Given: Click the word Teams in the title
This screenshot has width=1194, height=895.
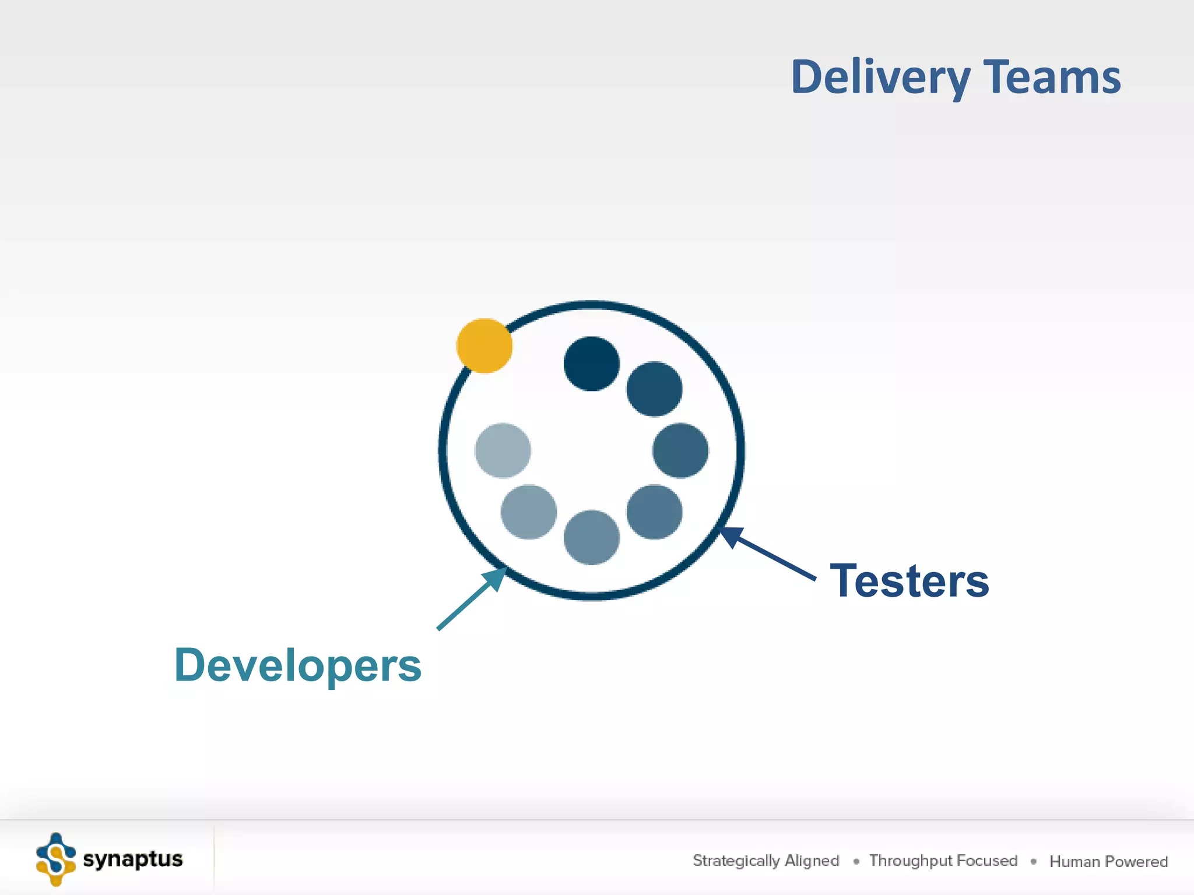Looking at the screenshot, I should coord(1052,77).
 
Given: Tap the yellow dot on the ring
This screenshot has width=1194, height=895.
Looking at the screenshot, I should coord(484,346).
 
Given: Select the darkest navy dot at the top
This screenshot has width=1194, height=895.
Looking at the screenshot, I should coord(591,364).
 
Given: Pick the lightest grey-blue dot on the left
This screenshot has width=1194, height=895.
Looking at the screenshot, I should coord(503,450).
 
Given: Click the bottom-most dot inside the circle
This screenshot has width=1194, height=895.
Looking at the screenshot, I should coord(591,537).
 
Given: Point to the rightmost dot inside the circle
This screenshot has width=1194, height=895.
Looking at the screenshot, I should coord(680,450).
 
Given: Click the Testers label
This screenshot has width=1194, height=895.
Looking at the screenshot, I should coord(909,581).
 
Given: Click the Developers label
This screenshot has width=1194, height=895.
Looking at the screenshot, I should coord(298,665).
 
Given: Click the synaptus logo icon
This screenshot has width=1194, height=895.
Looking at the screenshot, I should coord(56,859).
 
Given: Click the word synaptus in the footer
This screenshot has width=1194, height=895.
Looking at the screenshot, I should coord(133,859).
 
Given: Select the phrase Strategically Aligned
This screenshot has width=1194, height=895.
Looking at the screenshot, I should coord(765,861).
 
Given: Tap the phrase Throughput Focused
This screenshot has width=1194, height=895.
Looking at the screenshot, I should coord(943,861).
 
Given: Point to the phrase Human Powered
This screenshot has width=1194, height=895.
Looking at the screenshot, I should coord(1108,861).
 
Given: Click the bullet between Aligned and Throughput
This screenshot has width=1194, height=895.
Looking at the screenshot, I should coord(856,861).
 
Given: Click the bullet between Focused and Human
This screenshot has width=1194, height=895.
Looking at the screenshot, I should coord(1033,861).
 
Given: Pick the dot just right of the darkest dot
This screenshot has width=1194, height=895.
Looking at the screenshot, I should coord(654,389).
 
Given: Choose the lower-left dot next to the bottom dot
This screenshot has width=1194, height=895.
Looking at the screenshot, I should coord(528,512).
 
